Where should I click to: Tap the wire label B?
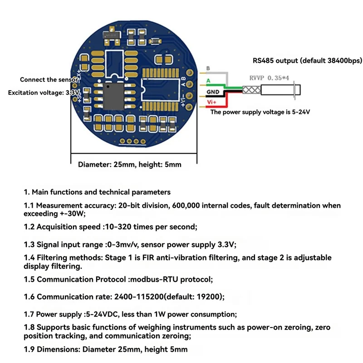point(208,69)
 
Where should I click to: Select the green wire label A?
point(208,81)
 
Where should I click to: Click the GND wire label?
point(213,92)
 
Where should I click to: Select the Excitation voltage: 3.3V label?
point(44,93)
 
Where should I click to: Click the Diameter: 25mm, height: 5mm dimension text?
point(130,164)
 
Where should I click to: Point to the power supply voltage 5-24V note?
point(260,112)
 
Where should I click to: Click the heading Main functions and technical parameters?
point(101,192)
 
